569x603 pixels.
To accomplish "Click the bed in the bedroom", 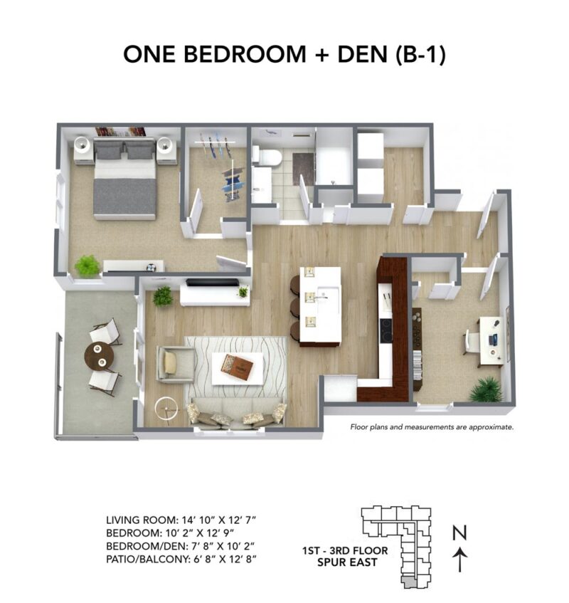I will (124, 180).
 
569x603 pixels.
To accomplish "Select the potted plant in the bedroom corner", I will (87, 266).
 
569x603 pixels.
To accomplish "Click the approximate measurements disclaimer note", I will (431, 428).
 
